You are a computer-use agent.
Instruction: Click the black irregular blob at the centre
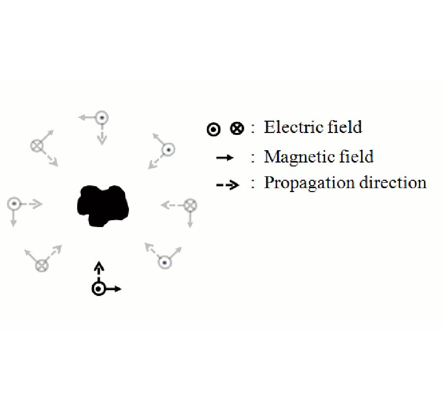103,206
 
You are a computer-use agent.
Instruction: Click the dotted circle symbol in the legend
214,130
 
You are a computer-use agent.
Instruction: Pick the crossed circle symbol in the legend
237,129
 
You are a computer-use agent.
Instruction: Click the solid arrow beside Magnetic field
225,158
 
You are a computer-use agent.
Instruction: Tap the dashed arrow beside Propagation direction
228,185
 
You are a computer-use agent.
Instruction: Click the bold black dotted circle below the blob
98,289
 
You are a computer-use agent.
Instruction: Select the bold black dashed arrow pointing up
98,271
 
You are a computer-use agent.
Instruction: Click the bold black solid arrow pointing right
113,289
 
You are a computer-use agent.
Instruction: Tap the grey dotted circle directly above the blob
102,118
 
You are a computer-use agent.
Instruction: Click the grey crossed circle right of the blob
190,205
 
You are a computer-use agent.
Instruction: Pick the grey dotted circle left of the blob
14,203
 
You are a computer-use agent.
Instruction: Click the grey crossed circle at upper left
37,146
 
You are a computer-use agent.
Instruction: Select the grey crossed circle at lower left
42,265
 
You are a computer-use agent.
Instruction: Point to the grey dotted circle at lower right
165,263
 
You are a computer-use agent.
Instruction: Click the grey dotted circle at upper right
169,150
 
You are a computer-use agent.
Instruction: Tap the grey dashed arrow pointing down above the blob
102,135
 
